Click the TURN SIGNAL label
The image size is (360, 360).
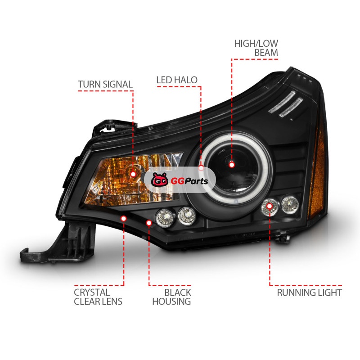click(105, 85)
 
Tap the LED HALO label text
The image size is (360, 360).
click(177, 81)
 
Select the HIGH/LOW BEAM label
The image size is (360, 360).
click(256, 48)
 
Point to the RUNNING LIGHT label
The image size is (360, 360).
click(309, 293)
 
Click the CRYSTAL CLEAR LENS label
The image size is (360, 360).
click(98, 297)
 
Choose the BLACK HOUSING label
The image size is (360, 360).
click(171, 297)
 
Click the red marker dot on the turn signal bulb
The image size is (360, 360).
click(133, 173)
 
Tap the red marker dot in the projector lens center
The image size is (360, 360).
click(232, 165)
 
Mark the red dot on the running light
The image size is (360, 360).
click(270, 206)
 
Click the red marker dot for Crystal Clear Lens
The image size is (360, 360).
click(124, 218)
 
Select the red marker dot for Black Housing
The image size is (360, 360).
click(149, 222)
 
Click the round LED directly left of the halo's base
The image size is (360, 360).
click(185, 216)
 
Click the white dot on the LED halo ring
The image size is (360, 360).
click(202, 169)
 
